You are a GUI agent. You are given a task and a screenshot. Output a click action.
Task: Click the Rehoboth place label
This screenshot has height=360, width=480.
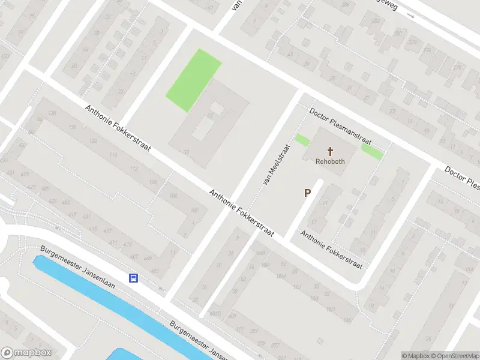(x=330, y=161)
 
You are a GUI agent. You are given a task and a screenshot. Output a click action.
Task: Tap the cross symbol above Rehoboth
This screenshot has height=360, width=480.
(x=330, y=151)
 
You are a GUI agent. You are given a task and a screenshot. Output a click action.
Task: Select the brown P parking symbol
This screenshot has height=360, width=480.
(x=307, y=193)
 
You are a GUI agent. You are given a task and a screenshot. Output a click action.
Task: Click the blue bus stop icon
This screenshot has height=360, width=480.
(x=133, y=278)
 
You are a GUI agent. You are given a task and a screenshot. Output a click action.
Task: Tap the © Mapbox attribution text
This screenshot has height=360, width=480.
(x=416, y=356)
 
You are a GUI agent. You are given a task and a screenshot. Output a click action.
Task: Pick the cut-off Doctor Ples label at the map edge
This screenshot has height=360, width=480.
(x=462, y=178)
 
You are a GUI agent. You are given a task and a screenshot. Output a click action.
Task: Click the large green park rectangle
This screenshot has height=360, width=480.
(x=193, y=80)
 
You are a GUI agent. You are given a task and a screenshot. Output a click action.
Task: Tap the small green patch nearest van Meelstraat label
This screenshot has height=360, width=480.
(x=302, y=141)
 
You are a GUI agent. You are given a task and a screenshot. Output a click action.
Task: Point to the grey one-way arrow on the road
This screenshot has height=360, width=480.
(x=410, y=16)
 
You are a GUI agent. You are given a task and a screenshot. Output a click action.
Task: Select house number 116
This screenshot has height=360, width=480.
(x=113, y=155)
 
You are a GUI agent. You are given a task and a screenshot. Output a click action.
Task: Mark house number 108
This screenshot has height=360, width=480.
(x=153, y=182)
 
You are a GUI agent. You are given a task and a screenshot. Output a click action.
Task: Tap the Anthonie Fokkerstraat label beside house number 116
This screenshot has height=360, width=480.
(x=117, y=128)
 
